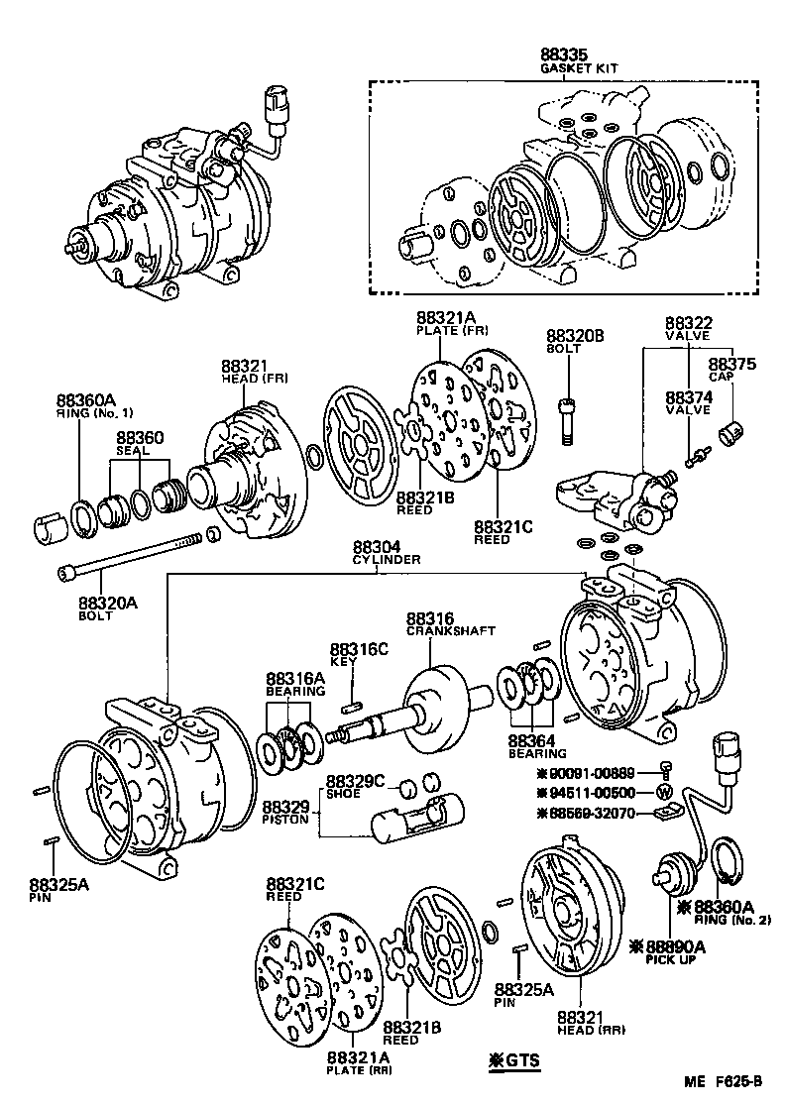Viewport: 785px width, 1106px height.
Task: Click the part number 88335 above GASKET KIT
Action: (x=564, y=55)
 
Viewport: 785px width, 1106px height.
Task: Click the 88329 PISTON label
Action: (x=287, y=813)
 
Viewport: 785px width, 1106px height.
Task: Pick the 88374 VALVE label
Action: (x=689, y=401)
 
